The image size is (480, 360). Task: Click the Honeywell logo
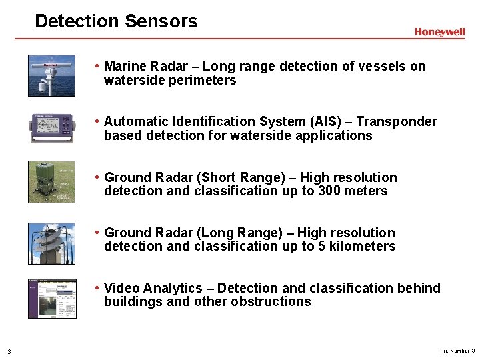coord(439,32)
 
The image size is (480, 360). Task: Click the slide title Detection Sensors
coord(116,21)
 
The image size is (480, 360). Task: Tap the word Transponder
coord(401,121)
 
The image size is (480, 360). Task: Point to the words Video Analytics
coord(153,288)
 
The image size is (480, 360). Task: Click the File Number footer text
coord(457,351)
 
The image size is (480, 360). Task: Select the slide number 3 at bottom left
coord(9,351)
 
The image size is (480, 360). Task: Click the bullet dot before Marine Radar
coord(97,66)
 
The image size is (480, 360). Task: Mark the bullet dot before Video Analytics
coord(97,288)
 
